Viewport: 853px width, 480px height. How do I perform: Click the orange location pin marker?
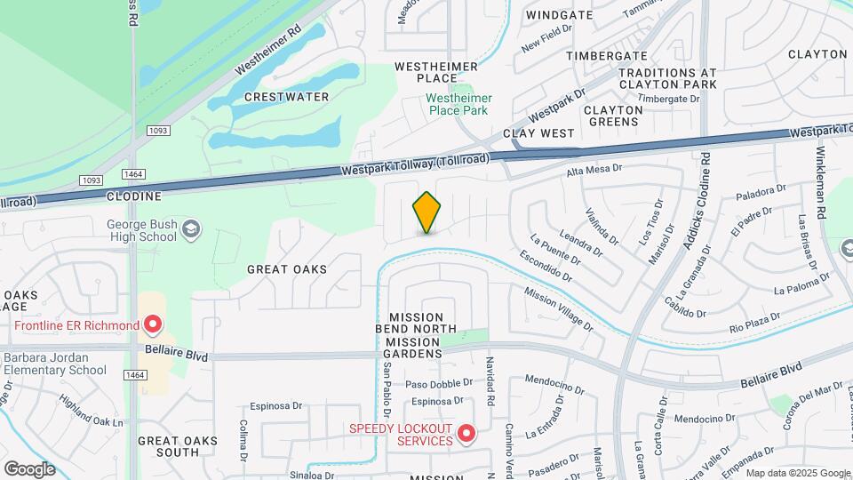pyautogui.click(x=426, y=213)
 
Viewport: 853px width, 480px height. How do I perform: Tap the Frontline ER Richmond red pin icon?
pyautogui.click(x=153, y=325)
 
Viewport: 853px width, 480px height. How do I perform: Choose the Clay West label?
pyautogui.click(x=539, y=132)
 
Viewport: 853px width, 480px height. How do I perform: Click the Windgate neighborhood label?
pyautogui.click(x=559, y=15)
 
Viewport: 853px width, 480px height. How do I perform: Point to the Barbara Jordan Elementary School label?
pyautogui.click(x=55, y=364)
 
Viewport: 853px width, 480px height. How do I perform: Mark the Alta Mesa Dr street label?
pyautogui.click(x=594, y=168)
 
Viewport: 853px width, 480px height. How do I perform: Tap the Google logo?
pyautogui.click(x=29, y=468)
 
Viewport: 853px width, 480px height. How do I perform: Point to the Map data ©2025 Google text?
pyautogui.click(x=797, y=473)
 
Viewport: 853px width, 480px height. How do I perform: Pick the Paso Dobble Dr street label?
pyautogui.click(x=435, y=384)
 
